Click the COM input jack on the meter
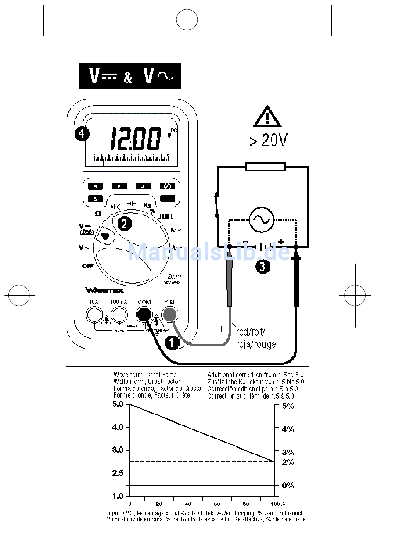tap(144, 314)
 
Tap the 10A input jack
tap(93, 314)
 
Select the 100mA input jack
tap(119, 314)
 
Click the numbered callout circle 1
tap(171, 343)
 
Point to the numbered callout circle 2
tap(124, 224)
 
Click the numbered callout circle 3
tap(262, 267)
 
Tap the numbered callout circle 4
tap(82, 133)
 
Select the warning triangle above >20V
tap(267, 117)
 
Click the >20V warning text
tap(268, 140)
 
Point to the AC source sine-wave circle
tap(262, 220)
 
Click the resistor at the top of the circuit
tap(265, 167)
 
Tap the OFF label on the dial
tap(88, 266)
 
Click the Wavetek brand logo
tap(105, 290)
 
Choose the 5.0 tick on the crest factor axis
tap(119, 404)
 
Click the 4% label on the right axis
tap(288, 429)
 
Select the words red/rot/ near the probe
tap(251, 331)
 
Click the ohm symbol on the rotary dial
tap(97, 214)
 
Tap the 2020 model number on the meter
tap(174, 277)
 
